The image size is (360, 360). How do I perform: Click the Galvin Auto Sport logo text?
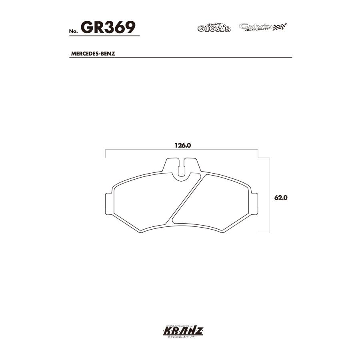[x=256, y=27]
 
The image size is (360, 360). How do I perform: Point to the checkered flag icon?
[x=280, y=27]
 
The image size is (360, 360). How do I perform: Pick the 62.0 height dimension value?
[x=282, y=198]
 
